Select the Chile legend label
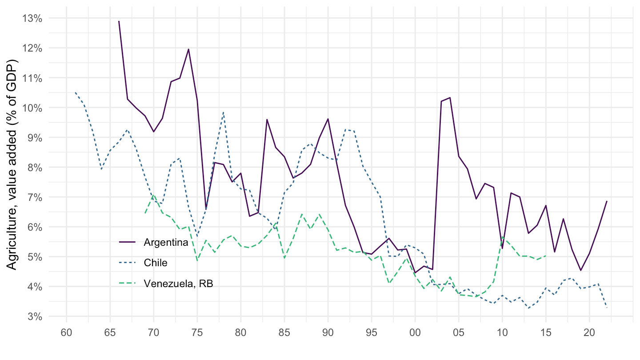(156, 263)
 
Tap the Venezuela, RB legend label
(178, 284)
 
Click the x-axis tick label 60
(67, 332)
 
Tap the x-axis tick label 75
(197, 332)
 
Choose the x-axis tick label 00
(415, 332)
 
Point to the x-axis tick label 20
(589, 332)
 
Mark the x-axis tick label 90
(328, 332)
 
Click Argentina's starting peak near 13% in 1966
(119, 21)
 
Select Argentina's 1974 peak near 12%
(188, 49)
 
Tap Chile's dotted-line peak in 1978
(224, 112)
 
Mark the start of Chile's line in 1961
(76, 93)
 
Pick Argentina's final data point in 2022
(607, 201)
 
